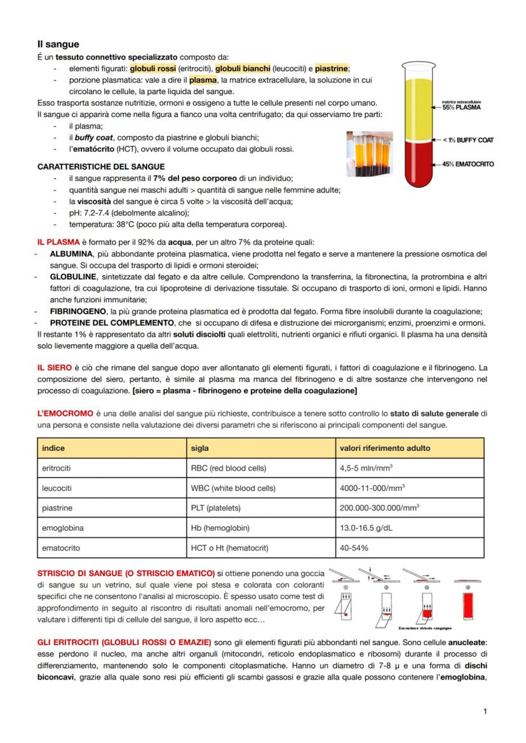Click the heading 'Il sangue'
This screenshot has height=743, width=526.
click(58, 44)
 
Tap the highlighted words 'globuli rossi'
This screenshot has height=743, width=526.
click(153, 69)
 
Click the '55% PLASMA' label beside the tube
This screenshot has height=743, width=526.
click(462, 107)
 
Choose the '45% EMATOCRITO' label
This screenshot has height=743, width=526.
click(468, 164)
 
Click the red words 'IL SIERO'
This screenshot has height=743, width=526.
click(54, 368)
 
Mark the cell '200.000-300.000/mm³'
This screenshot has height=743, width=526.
click(379, 508)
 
